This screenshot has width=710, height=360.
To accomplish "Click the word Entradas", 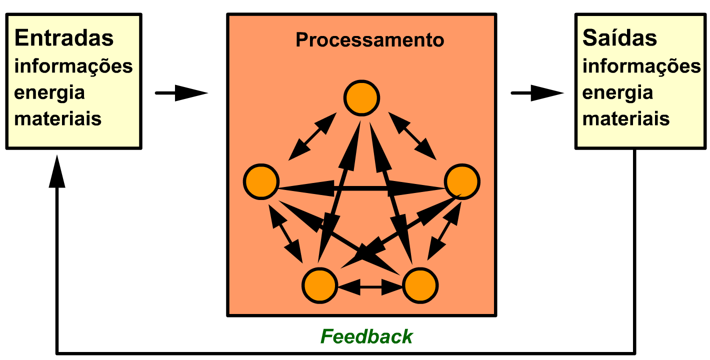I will click(64, 38).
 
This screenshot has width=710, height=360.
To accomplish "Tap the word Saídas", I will click(619, 38).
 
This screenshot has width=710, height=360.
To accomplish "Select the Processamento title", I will click(369, 40).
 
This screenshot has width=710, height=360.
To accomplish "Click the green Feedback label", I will click(366, 336).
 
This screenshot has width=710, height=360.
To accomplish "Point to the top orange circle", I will click(361, 97).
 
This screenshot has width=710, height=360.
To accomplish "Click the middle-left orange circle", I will click(261, 181).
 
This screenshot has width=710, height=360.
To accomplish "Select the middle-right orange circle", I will click(462, 181).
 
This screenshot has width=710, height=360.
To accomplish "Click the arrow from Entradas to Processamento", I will click(181, 93).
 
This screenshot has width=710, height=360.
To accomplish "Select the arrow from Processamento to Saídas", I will click(537, 93).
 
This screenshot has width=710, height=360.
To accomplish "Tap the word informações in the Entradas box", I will click(73, 66).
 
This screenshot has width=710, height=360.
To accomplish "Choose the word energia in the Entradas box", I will click(49, 93).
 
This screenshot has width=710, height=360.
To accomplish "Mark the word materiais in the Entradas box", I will click(58, 119).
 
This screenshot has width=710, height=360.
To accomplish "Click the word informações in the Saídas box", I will click(641, 66).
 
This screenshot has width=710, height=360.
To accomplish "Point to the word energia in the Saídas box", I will click(618, 93).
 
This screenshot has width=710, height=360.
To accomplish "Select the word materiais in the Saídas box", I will click(626, 119).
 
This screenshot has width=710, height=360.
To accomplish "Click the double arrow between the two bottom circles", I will click(370, 287).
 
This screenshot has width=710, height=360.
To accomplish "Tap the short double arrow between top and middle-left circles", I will click(312, 136).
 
